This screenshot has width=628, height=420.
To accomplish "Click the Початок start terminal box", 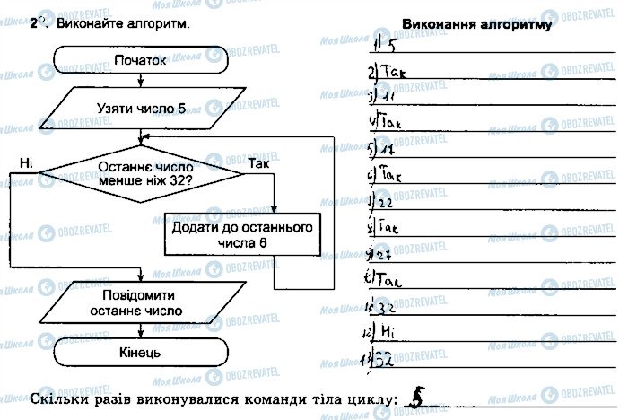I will [x=141, y=61].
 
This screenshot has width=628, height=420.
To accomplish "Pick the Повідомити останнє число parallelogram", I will [x=141, y=302].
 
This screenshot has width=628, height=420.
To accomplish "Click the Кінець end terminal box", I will [x=141, y=353].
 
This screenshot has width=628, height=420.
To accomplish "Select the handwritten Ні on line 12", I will [x=389, y=333].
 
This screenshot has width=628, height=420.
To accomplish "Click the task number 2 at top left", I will [x=35, y=24].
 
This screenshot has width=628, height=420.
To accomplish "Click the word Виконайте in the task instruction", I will [x=87, y=24].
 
